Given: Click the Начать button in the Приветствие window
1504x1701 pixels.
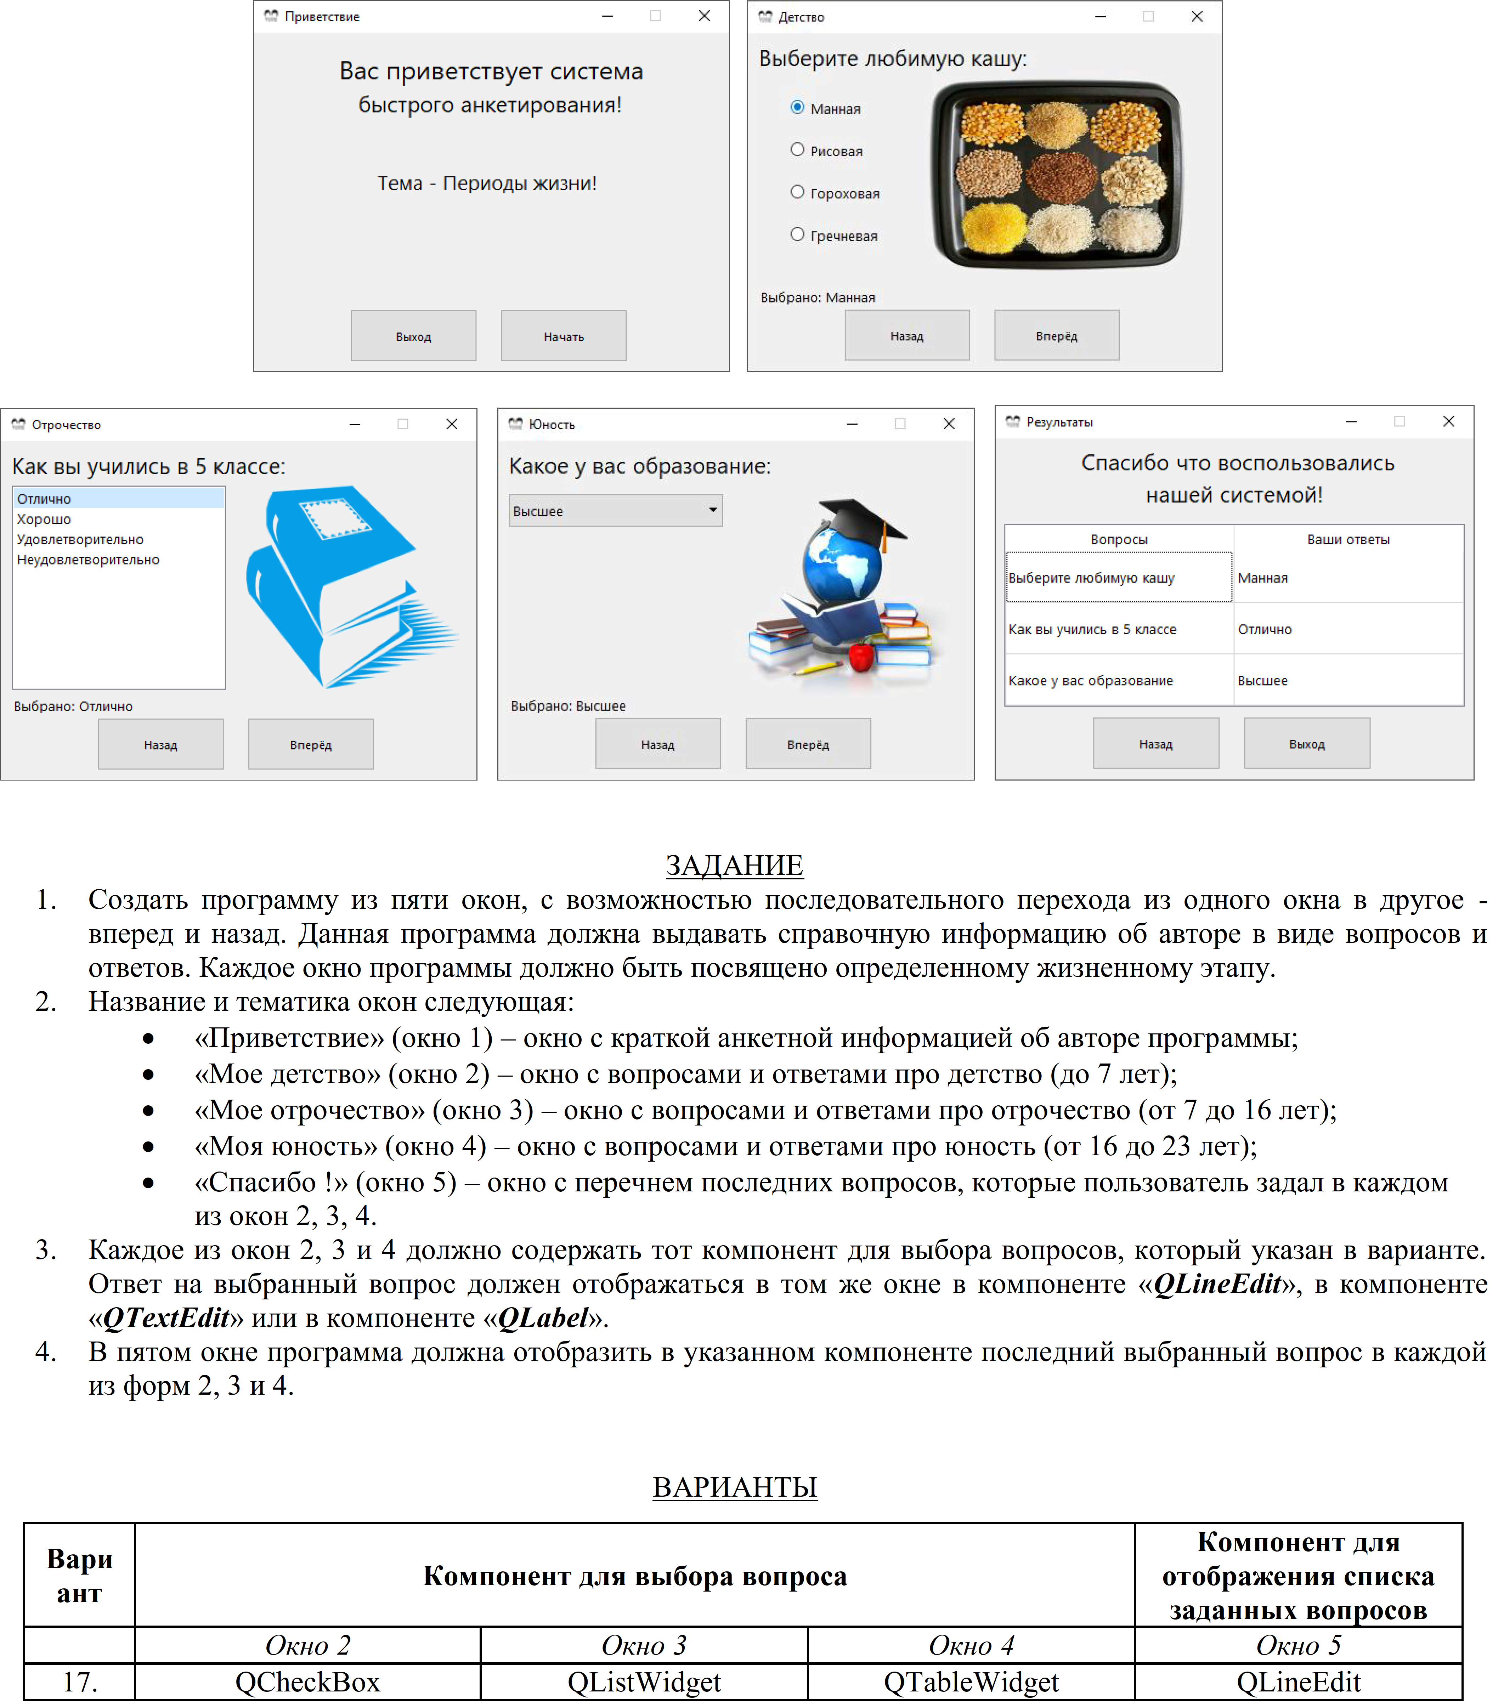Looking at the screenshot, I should [x=564, y=336].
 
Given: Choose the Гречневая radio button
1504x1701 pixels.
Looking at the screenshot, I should [x=797, y=235].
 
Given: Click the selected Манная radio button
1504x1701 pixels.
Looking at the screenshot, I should [x=797, y=107].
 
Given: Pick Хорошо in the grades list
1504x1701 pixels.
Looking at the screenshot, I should [x=44, y=519].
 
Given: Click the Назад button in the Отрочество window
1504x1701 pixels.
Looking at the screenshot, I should [x=161, y=745].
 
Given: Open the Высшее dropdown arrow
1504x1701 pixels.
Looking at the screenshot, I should [x=712, y=510].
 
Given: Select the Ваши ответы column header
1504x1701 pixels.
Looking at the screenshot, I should [x=1347, y=539].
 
